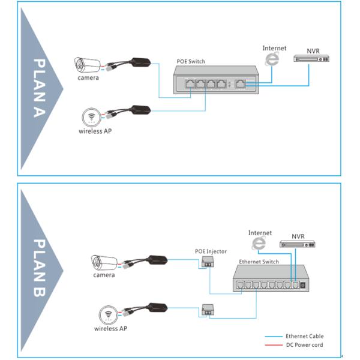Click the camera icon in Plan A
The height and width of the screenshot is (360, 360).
coord(88,65)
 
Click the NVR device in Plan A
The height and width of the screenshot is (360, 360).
coord(310,59)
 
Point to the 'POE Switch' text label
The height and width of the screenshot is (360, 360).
coord(191,61)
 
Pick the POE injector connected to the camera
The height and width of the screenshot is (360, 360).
coord(209,262)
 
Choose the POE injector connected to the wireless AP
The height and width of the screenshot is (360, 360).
coord(209,310)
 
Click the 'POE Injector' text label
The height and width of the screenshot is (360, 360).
coord(211,251)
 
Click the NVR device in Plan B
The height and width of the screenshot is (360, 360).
coord(297,244)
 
